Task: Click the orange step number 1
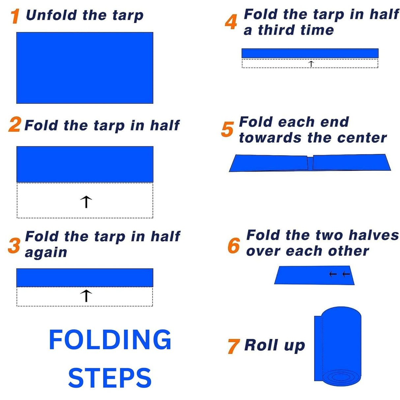coord(15,16)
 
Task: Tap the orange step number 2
coord(15,125)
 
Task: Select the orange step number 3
coord(14,245)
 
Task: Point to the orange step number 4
coord(231,22)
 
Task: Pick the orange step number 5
coord(227,129)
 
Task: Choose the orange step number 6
coord(234,245)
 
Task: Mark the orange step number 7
coord(233,346)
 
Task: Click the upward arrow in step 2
coord(86,202)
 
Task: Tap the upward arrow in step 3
coord(86,296)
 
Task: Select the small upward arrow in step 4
coord(311,64)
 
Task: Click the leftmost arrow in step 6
coord(333,274)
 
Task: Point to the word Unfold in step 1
coord(52,15)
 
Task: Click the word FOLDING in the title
coord(110,340)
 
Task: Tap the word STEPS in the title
coord(110,378)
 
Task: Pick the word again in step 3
coord(46,252)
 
